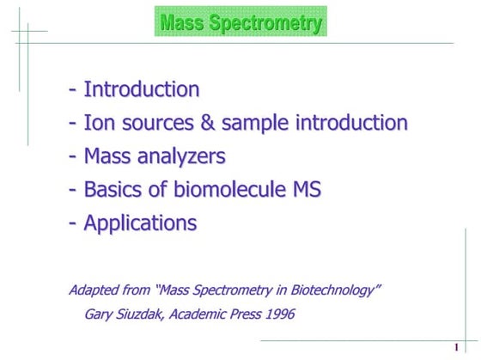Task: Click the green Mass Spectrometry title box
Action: [240, 21]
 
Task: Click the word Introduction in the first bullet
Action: [142, 89]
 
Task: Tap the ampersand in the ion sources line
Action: [207, 123]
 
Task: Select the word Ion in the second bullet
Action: [97, 123]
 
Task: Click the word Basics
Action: [113, 190]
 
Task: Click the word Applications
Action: [140, 223]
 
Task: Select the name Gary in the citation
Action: [100, 314]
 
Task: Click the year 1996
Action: [278, 314]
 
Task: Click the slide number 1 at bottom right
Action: [455, 347]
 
